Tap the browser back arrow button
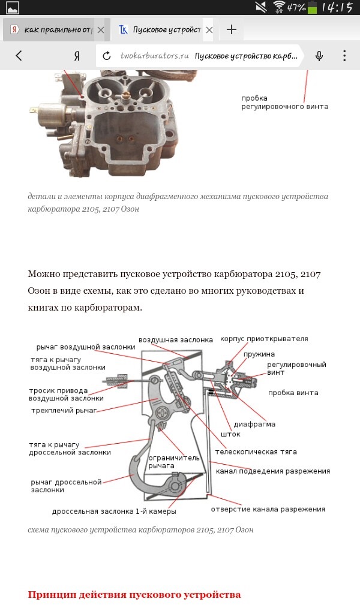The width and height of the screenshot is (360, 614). click(19, 56)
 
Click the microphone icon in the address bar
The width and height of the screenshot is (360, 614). click(319, 56)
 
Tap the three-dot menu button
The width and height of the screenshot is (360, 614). click(344, 56)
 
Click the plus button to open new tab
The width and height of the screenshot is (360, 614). click(232, 29)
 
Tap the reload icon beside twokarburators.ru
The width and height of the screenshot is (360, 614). click(107, 56)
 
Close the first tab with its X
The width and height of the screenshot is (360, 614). click(100, 29)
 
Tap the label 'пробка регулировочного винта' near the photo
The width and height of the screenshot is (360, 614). click(284, 103)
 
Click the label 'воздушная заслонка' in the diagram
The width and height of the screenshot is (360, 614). click(176, 340)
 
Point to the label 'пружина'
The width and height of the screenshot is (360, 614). click(259, 354)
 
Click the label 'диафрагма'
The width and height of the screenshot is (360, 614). click(254, 424)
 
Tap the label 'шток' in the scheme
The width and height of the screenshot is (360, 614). click(230, 434)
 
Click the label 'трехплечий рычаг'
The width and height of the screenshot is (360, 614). click(63, 411)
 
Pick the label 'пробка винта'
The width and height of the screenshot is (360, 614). click(293, 393)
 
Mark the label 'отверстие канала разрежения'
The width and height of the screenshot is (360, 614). click(268, 509)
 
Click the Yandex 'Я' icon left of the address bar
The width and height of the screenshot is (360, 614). click(77, 56)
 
